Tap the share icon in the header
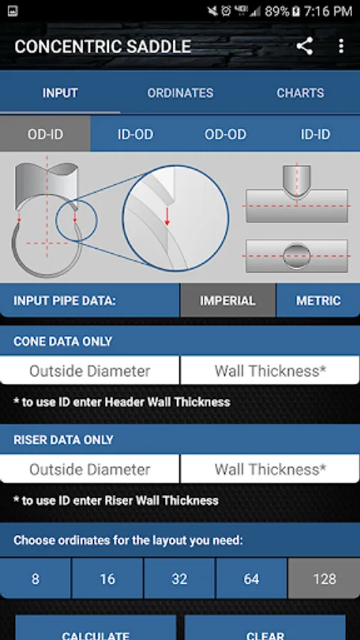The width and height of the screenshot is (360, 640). pyautogui.click(x=305, y=46)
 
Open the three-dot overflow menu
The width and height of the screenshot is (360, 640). pyautogui.click(x=342, y=46)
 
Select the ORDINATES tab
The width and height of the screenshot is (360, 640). pyautogui.click(x=180, y=93)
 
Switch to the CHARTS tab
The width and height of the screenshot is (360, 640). pyautogui.click(x=300, y=93)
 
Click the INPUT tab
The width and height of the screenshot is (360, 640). pyautogui.click(x=60, y=93)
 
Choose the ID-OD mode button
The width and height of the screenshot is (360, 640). pyautogui.click(x=135, y=134)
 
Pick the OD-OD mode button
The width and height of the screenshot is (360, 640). pyautogui.click(x=226, y=134)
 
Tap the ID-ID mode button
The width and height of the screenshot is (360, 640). pyautogui.click(x=315, y=134)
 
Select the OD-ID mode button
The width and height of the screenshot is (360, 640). pyautogui.click(x=46, y=134)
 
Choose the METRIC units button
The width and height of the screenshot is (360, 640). pyautogui.click(x=318, y=300)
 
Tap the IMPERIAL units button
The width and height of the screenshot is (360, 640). pyautogui.click(x=228, y=300)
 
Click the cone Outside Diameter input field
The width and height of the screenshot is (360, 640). pyautogui.click(x=90, y=370)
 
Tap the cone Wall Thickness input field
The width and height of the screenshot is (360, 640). pyautogui.click(x=270, y=370)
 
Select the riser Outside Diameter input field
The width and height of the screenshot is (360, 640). pyautogui.click(x=90, y=469)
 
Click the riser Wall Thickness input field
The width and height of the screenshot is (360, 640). pyautogui.click(x=270, y=469)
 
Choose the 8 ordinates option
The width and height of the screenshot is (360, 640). pyautogui.click(x=36, y=578)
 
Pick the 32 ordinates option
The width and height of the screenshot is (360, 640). pyautogui.click(x=179, y=578)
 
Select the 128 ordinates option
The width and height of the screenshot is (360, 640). pyautogui.click(x=324, y=578)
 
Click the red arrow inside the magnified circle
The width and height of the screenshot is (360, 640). pyautogui.click(x=166, y=216)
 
